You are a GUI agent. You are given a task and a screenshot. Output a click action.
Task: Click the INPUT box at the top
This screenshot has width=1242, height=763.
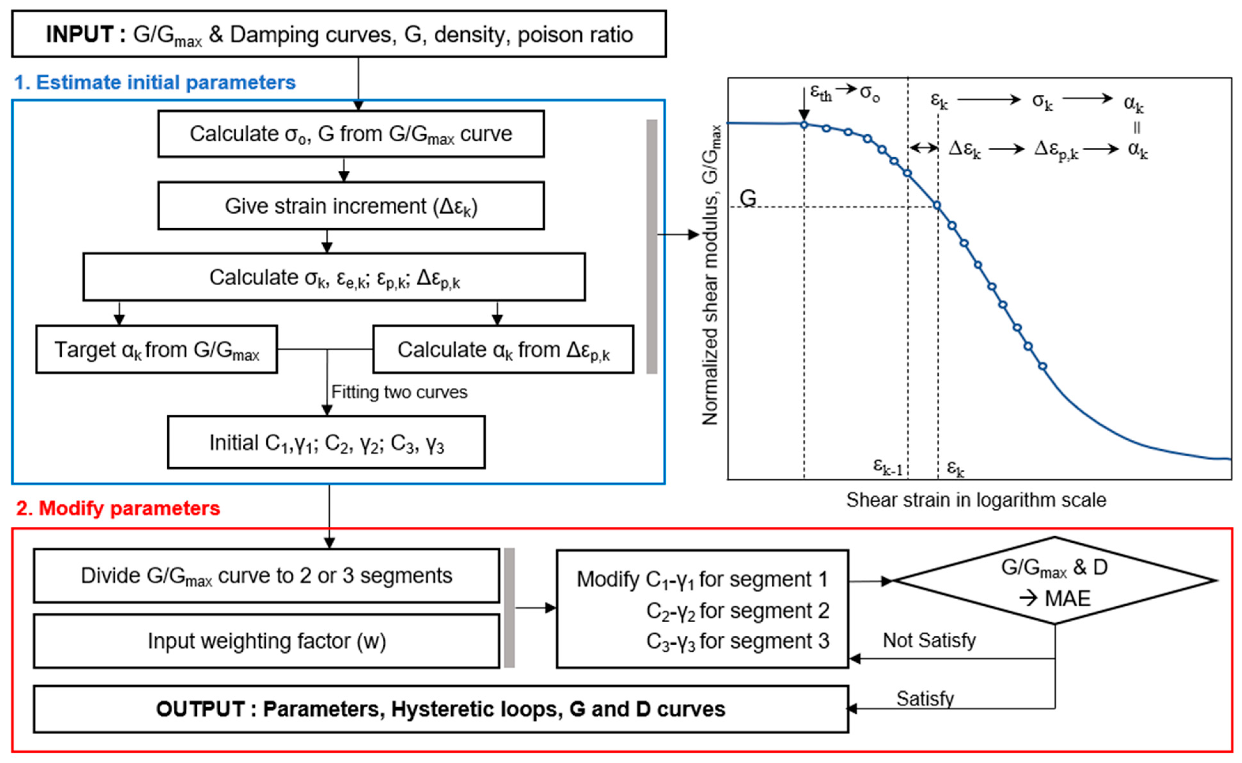point(339,34)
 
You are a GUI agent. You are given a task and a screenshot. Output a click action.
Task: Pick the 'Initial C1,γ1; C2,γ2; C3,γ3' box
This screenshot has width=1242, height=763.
point(326,443)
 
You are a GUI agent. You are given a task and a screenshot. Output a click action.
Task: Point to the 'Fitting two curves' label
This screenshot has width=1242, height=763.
point(399,392)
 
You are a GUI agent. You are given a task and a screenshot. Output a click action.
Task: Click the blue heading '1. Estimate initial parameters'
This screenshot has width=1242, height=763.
point(155,82)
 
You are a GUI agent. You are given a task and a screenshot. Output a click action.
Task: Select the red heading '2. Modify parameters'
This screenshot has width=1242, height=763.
point(118,508)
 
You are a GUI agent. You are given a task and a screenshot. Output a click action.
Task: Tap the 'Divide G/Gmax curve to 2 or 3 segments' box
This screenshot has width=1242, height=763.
point(266,576)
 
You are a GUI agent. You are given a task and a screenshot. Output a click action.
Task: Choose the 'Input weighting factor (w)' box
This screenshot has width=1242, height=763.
point(266,641)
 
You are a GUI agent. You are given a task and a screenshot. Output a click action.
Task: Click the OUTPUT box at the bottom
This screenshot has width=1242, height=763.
point(440,709)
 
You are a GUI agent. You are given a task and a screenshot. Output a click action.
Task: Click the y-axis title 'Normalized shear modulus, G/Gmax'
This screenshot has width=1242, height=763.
point(711,275)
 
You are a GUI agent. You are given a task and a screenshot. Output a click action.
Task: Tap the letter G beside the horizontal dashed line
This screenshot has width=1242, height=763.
point(748,198)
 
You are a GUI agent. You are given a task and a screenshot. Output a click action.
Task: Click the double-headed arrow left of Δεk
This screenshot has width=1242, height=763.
point(923,148)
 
